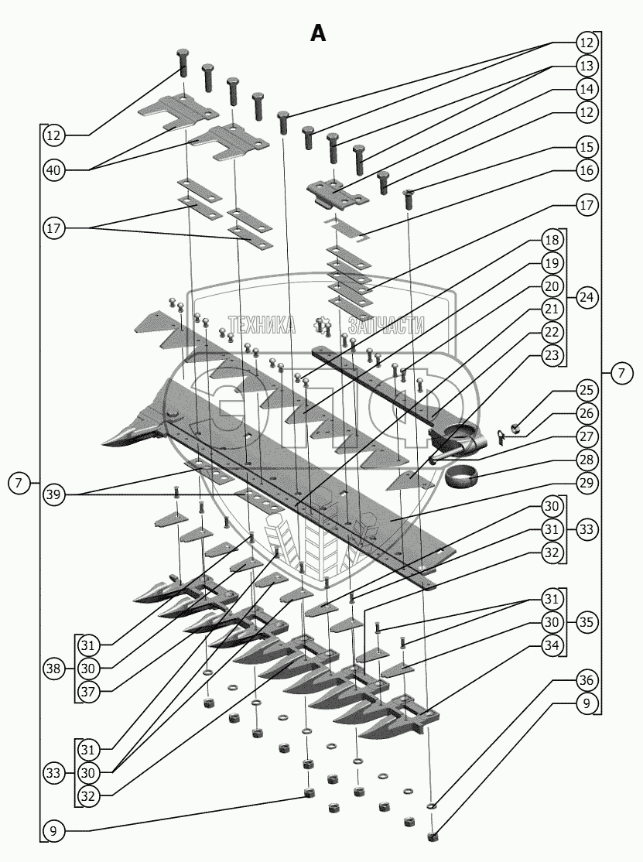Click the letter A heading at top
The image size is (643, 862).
coord(318,33)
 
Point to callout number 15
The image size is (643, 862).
coord(586,145)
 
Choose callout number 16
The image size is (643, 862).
coord(586,169)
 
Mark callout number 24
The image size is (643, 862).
coord(586,297)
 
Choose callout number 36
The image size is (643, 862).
coord(586,680)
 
